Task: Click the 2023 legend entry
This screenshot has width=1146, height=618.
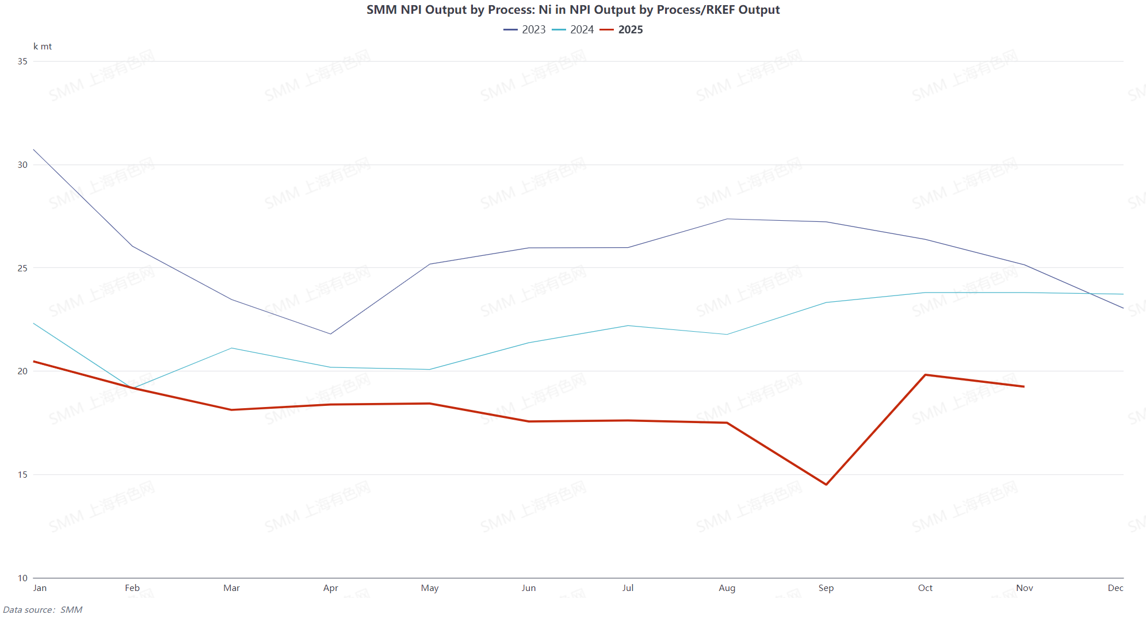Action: click(525, 30)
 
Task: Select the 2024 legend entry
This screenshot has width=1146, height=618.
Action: click(573, 30)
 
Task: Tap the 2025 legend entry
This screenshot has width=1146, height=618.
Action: click(622, 30)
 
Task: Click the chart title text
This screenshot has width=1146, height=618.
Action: click(573, 10)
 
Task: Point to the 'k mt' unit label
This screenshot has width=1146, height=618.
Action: click(43, 47)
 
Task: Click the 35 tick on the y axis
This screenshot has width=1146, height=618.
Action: click(22, 62)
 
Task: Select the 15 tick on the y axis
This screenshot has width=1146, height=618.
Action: click(22, 475)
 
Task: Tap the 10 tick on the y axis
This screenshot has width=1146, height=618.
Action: click(22, 578)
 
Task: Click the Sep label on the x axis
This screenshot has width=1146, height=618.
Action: click(826, 588)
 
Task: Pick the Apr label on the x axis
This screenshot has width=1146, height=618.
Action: click(331, 588)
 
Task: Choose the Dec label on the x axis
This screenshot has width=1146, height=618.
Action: click(1116, 588)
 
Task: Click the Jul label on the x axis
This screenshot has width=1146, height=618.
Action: click(628, 588)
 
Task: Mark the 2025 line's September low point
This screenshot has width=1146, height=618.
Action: click(826, 485)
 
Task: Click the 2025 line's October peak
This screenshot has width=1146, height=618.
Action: click(925, 375)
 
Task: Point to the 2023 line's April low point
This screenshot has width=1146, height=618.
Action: click(331, 334)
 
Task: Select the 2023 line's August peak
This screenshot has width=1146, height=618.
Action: click(727, 219)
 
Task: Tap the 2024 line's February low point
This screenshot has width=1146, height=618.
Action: click(133, 388)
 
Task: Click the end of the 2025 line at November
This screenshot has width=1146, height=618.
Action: click(1024, 386)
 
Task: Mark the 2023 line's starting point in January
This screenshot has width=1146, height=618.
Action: click(34, 150)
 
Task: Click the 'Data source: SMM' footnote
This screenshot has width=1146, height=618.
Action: click(43, 610)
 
